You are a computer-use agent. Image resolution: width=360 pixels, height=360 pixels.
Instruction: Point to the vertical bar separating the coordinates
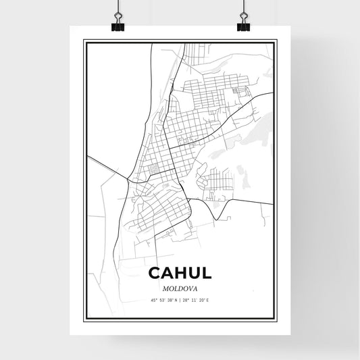click(x=180, y=299)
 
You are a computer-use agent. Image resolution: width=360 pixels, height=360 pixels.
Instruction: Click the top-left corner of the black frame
click(x=84, y=41)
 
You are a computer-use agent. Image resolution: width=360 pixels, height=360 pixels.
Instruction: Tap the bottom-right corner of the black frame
click(x=276, y=324)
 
